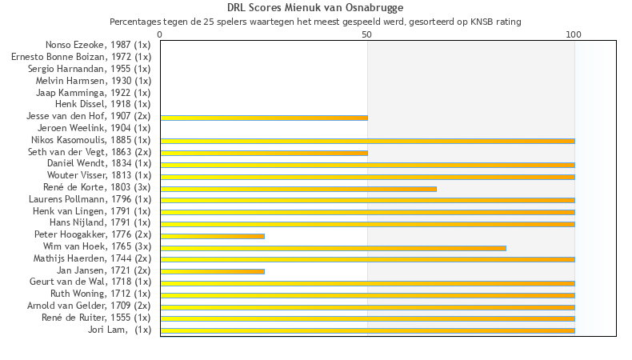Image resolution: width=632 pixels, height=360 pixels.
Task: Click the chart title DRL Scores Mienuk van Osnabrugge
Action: click(x=315, y=8)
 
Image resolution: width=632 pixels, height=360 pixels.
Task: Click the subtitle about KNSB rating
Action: click(x=315, y=22)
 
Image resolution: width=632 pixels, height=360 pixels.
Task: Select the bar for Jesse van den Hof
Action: click(x=264, y=118)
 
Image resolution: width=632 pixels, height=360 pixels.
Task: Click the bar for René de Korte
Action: click(x=298, y=189)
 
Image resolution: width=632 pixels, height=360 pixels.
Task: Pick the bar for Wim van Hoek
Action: click(x=333, y=248)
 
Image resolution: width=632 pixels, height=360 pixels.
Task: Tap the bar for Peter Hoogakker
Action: click(x=212, y=236)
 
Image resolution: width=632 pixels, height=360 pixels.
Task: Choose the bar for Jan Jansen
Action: click(x=212, y=271)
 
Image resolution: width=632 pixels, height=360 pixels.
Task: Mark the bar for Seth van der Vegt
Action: click(x=264, y=153)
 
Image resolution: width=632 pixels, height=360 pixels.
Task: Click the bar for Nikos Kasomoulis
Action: click(x=367, y=141)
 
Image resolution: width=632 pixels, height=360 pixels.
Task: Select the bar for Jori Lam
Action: click(x=367, y=330)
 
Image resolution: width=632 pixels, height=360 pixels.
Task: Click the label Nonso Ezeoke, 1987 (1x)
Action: click(x=98, y=45)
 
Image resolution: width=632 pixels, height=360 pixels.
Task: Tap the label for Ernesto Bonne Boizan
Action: click(x=81, y=57)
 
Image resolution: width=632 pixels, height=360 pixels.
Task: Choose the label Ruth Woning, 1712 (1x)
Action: click(x=111, y=294)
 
